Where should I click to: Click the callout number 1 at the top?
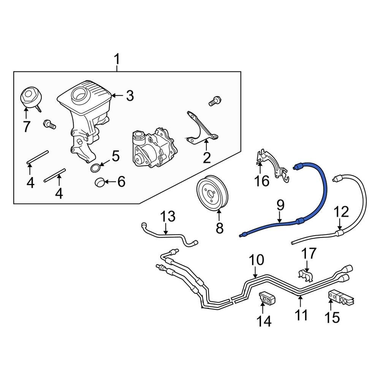coord(117,60)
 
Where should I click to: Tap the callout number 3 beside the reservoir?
coord(130,96)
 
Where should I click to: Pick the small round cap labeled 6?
coord(100,182)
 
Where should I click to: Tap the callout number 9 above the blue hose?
coord(280,206)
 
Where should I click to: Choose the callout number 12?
coord(341,212)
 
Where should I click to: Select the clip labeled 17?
coord(306,276)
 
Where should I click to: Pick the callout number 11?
coord(301,315)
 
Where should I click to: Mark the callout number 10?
coord(256,260)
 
